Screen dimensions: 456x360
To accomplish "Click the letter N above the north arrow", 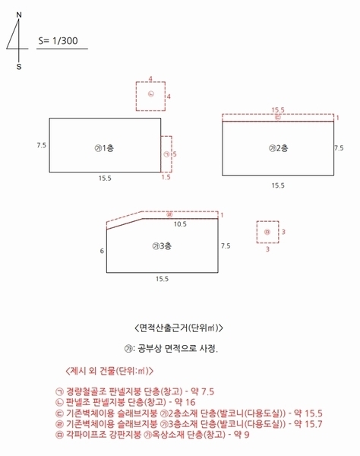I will pos(19,14).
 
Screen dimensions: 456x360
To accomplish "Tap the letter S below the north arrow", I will pos(19,66).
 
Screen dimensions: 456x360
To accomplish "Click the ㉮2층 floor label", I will pos(279,147).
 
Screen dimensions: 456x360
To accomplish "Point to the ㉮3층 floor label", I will pos(162,245).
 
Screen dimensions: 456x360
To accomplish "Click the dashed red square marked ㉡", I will pos(150,95).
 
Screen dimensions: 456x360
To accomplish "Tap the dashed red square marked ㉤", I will pos(267,231).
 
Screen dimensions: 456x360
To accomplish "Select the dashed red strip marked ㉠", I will pos(166,154).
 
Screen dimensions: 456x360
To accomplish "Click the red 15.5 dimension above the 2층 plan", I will pos(278,110).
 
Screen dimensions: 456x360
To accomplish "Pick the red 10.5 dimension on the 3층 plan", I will pos(180,224).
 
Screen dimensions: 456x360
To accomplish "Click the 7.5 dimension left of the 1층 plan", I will pos(41,144).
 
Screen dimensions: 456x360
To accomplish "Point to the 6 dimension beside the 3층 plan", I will pos(101,250).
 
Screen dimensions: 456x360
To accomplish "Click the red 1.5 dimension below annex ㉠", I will pos(166,177).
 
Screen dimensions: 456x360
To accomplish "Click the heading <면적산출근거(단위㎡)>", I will pos(179,328).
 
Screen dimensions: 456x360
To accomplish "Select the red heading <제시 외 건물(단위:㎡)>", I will pos(110,371).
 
